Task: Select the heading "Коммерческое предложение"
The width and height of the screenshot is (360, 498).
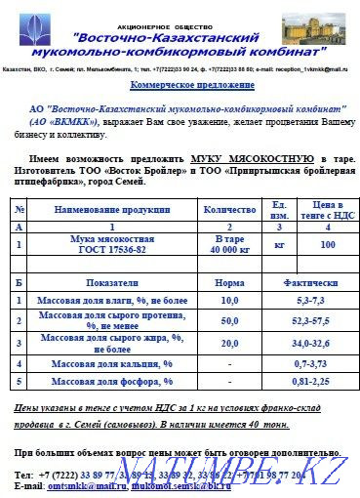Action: click(x=180, y=86)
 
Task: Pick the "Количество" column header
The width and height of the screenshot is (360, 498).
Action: click(x=229, y=209)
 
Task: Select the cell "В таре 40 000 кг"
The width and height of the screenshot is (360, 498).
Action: click(x=229, y=243)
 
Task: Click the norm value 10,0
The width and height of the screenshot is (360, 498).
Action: click(x=229, y=300)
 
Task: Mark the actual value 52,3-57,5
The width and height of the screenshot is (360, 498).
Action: click(x=305, y=320)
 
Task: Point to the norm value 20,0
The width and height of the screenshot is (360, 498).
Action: click(x=229, y=343)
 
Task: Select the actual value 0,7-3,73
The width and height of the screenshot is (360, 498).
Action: click(x=305, y=363)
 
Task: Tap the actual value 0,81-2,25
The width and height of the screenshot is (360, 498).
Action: click(x=305, y=381)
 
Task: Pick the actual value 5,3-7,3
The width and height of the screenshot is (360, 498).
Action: click(x=305, y=300)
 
